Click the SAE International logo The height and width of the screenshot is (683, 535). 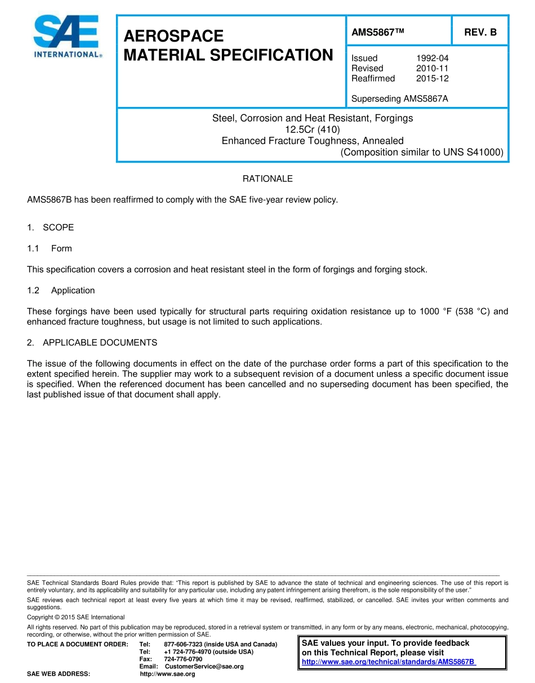coord(66,37)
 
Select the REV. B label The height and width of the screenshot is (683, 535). coord(480,32)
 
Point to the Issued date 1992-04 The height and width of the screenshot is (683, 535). coord(432,58)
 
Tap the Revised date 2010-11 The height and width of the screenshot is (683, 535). coord(432,68)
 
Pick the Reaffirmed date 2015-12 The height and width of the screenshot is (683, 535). coord(432,78)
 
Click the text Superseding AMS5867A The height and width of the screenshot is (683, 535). coord(399,99)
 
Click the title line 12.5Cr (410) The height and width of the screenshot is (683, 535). coord(312,130)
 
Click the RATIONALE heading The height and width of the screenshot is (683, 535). coord(267,178)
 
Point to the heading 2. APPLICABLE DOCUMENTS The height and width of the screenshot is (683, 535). coord(92,342)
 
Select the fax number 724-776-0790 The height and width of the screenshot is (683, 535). coord(183,659)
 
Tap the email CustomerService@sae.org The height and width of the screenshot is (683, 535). coord(204,667)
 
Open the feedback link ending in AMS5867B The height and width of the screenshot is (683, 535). coord(389,662)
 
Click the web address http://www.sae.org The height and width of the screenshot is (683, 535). coord(167,674)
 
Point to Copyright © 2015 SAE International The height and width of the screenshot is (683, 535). coord(76,617)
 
